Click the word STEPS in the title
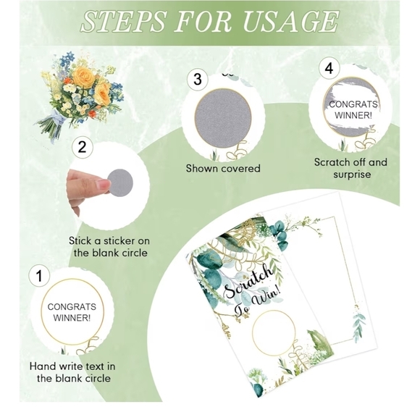point(123,22)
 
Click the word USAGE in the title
point(290,22)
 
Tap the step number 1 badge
point(39,276)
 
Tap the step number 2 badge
point(83,147)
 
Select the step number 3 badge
point(198,79)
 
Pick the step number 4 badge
point(329,68)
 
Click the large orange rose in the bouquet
point(84,75)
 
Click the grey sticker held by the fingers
point(120,182)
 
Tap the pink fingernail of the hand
point(104,184)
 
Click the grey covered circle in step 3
point(223,117)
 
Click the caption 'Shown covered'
point(223,168)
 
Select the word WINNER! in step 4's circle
point(353,116)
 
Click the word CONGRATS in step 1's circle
point(72,307)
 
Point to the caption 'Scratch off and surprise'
point(351,168)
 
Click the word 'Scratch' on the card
point(248,281)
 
